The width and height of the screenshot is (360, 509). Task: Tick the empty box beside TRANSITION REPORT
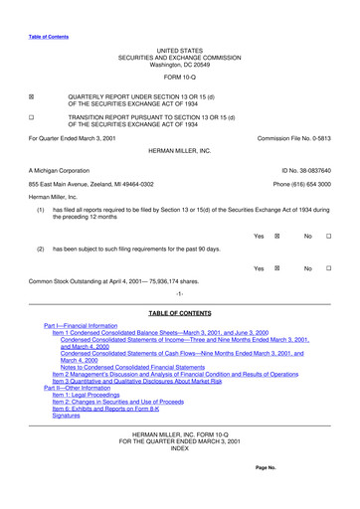tap(32, 116)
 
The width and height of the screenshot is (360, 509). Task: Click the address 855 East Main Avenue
tap(90, 185)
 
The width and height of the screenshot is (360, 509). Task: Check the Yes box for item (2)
tap(277, 268)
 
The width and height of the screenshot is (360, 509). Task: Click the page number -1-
tap(179, 295)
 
